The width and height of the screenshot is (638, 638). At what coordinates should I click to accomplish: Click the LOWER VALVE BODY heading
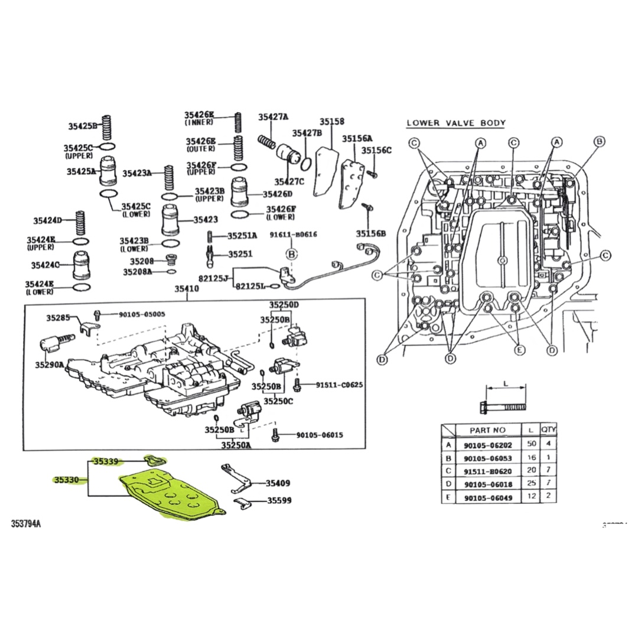click(456, 123)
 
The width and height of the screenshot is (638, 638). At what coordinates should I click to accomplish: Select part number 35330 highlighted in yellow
click(66, 480)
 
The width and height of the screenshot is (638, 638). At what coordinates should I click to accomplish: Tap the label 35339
click(106, 461)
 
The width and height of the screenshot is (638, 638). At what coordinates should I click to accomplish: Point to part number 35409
click(278, 483)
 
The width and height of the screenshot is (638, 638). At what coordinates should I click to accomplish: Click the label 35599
click(279, 500)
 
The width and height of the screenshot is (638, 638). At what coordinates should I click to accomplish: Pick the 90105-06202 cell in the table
click(487, 445)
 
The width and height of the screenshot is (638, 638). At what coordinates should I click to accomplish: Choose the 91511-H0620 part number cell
click(487, 471)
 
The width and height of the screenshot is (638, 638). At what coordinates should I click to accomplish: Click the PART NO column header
click(487, 431)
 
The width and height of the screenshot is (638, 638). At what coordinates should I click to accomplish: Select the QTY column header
click(549, 430)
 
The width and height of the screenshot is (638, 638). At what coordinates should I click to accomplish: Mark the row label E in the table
click(449, 497)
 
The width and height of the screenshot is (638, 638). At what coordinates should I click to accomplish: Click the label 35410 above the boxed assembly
click(186, 289)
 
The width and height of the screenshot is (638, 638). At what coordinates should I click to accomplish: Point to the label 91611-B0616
click(294, 235)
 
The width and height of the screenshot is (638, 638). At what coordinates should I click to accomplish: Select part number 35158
click(332, 122)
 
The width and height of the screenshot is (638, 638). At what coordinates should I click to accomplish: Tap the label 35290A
click(48, 365)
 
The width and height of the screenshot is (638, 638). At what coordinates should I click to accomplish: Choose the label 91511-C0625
click(339, 385)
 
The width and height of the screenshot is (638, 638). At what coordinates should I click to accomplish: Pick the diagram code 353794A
click(30, 523)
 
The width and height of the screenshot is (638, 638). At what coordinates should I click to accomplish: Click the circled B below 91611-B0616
click(291, 255)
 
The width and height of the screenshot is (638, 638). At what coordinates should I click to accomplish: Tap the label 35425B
click(82, 126)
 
